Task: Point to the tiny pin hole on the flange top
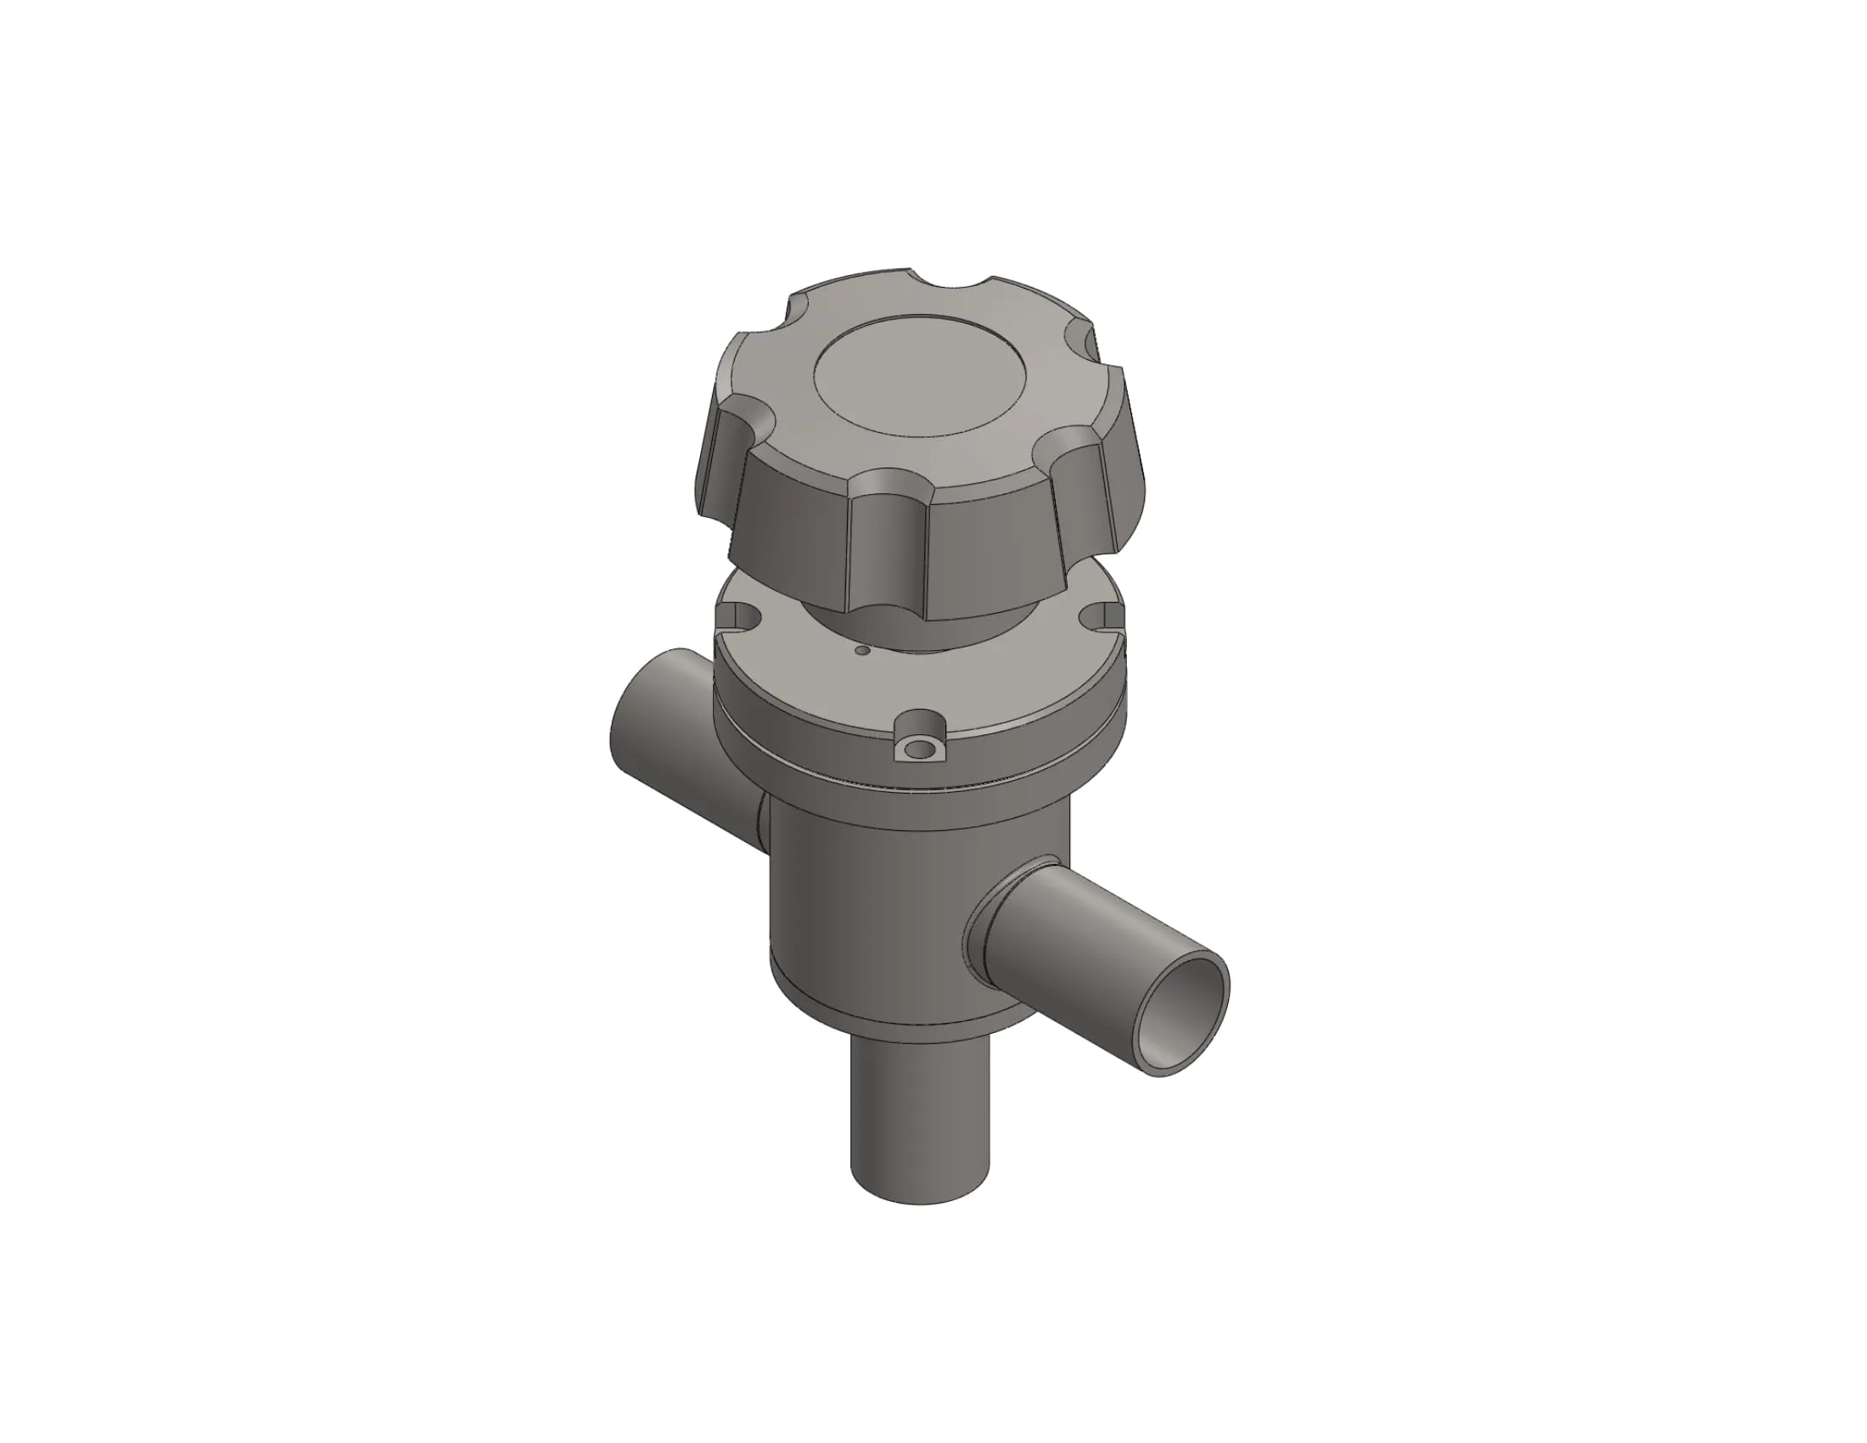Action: pyautogui.click(x=862, y=650)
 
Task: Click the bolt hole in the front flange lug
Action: pyautogui.click(x=920, y=750)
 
